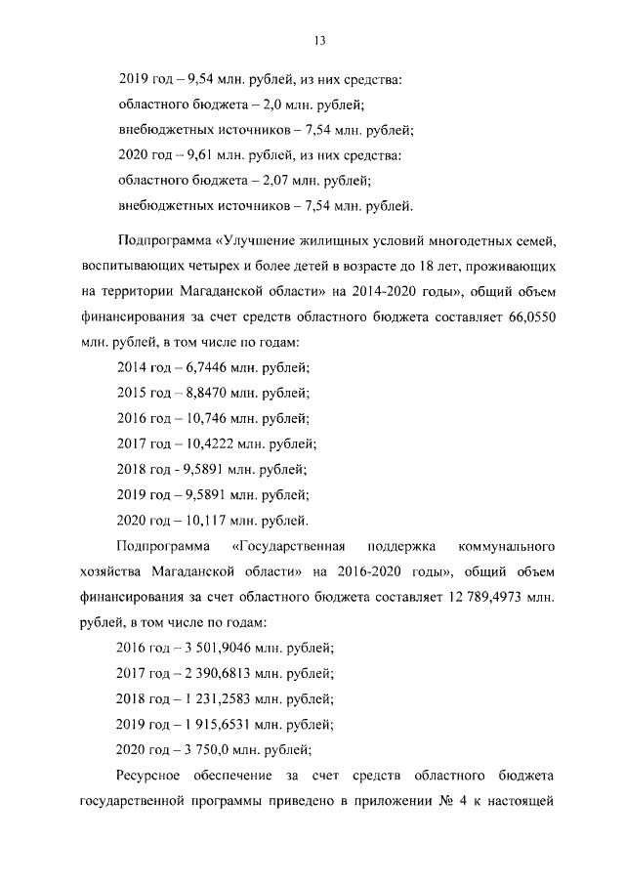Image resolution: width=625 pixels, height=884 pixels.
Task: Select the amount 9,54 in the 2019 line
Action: [190, 77]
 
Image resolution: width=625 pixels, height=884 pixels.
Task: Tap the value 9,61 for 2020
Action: [190, 154]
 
